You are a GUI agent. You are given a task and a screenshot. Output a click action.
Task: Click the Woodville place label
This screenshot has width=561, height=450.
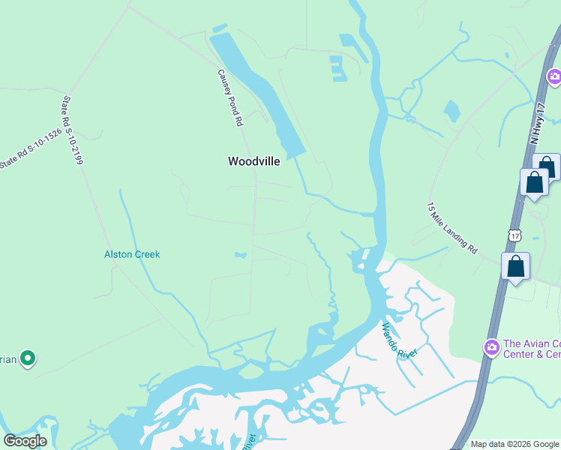pos(253,161)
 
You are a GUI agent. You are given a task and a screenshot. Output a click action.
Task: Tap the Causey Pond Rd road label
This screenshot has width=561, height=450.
pos(231,97)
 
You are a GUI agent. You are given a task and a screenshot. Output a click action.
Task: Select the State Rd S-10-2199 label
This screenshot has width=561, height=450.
pos(72,130)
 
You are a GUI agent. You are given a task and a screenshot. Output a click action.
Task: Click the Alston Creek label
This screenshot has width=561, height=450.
pos(132,254)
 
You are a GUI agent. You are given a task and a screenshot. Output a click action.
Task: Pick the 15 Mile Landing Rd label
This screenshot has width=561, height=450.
pos(452,226)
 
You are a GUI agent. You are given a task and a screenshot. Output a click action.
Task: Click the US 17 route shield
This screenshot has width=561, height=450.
pos(514,235)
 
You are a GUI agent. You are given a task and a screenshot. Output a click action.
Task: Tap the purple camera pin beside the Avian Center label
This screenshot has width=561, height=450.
pos(491,346)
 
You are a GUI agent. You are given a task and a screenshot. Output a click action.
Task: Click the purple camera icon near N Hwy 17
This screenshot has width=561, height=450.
pos(553,76)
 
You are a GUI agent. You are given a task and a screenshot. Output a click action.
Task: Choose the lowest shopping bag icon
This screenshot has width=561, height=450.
pos(516,266)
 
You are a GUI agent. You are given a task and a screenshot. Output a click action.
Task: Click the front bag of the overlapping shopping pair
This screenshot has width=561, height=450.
pos(534,182)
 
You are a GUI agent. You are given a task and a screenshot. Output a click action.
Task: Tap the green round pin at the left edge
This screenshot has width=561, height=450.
pos(28,359)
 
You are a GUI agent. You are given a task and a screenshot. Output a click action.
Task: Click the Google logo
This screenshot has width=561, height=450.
pos(25,441)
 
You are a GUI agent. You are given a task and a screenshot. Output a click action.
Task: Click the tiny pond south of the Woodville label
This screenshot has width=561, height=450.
pos(240,256)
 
